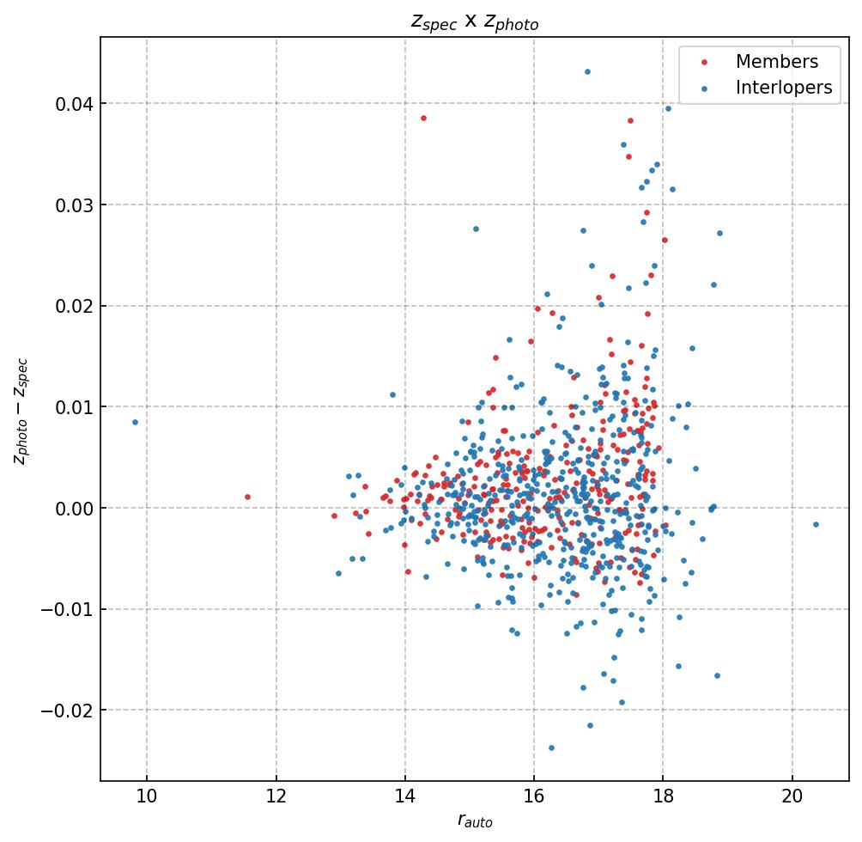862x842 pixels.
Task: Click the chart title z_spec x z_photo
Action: coord(475,22)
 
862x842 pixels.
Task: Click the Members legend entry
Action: coord(776,62)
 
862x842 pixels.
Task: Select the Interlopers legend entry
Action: coord(783,88)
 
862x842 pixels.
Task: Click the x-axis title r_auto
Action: coord(475,821)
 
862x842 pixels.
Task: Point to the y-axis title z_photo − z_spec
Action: coord(21,410)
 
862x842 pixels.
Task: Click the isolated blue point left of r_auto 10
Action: coord(135,422)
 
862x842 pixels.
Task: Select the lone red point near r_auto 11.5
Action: coord(247,497)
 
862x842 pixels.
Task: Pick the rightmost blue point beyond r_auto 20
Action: coord(816,524)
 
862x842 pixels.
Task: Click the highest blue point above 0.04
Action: coord(587,71)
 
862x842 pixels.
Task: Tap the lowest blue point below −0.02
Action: coord(551,747)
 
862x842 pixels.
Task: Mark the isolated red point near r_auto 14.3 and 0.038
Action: coord(422,118)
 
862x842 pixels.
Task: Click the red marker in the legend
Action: coord(704,62)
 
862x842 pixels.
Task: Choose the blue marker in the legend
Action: coord(704,88)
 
